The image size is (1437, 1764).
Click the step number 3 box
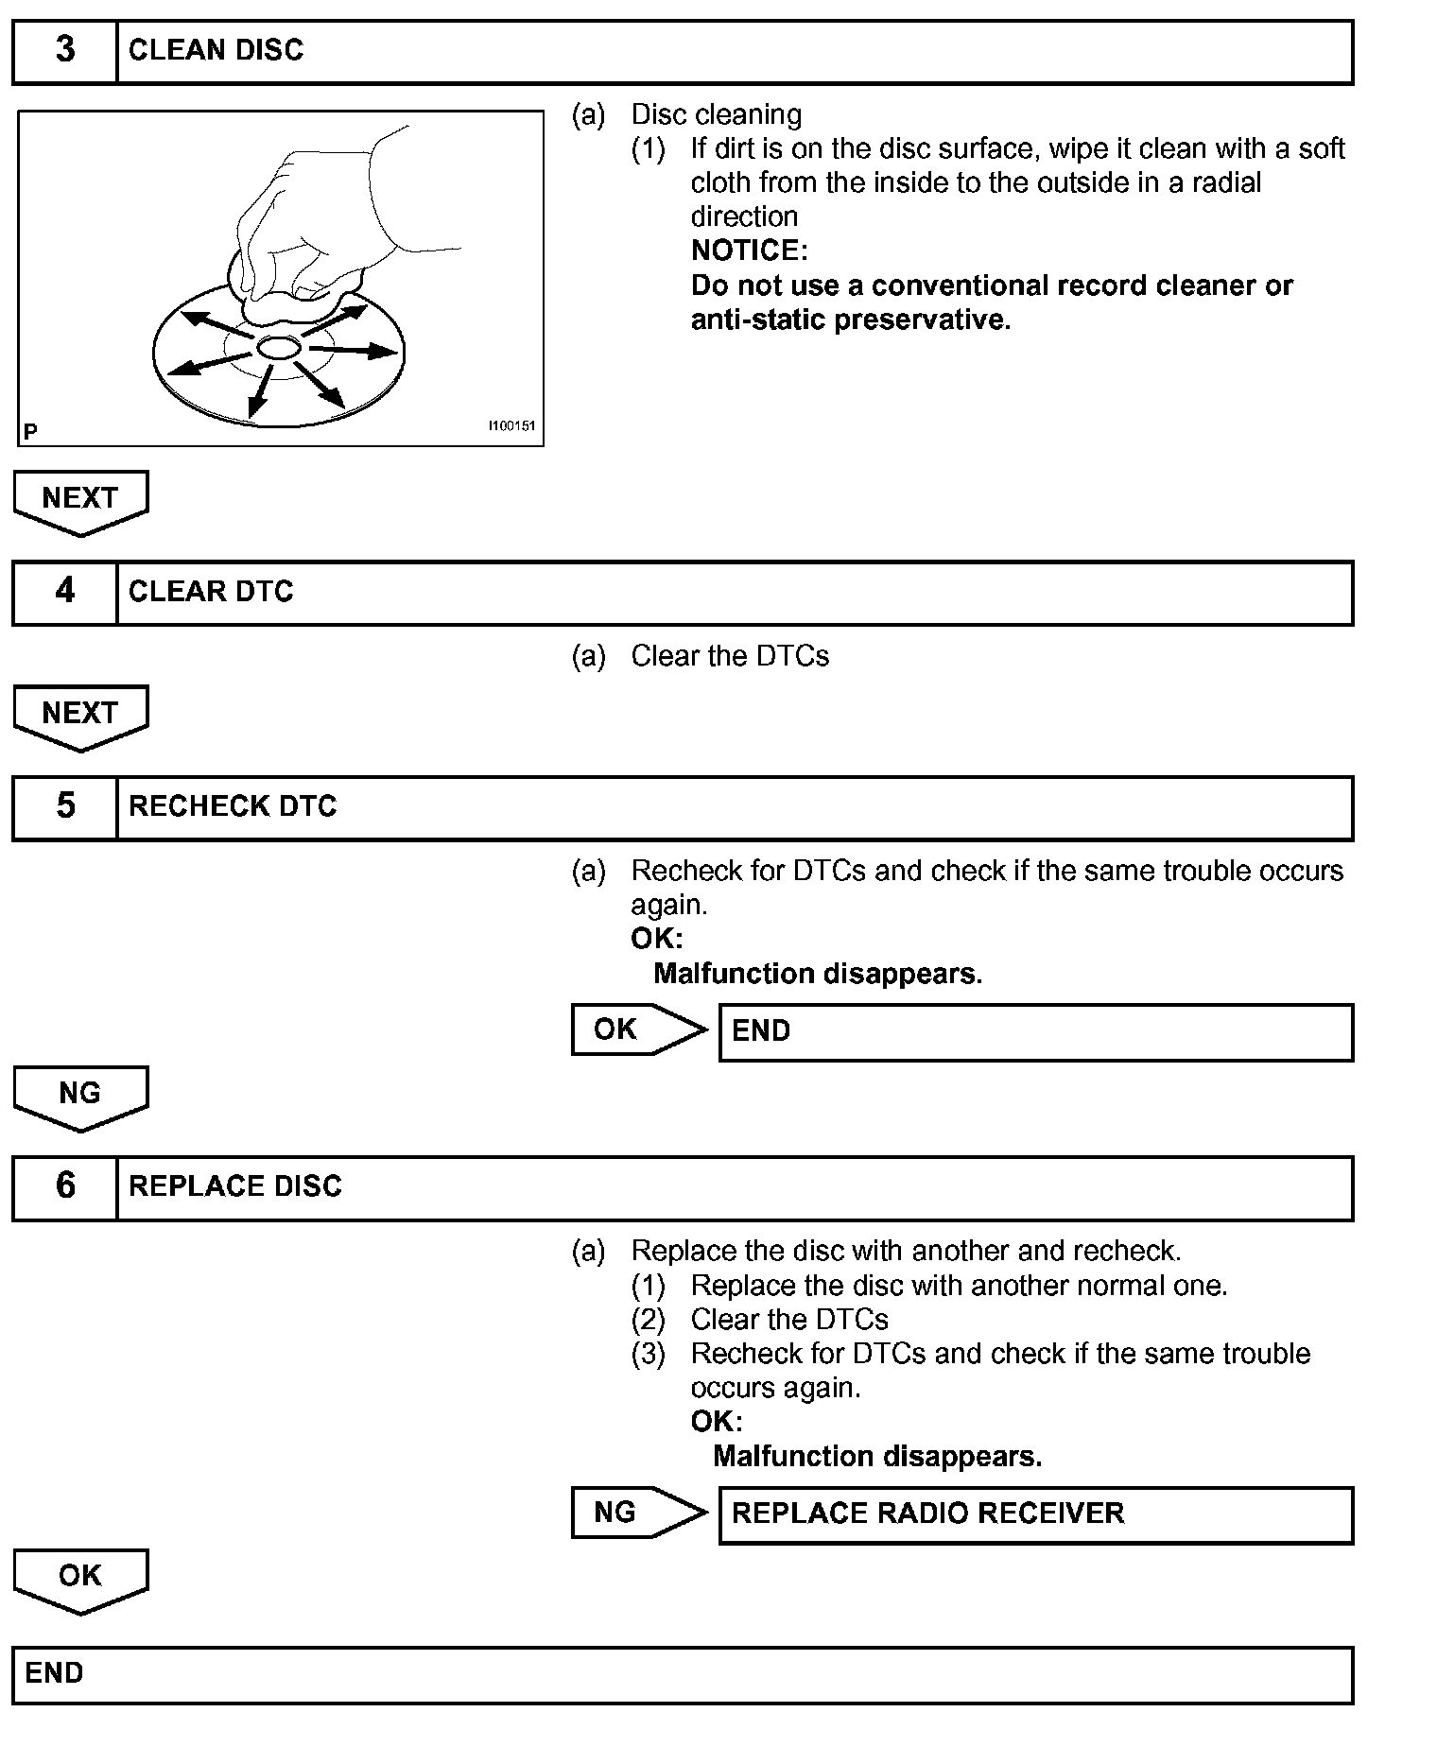pyautogui.click(x=64, y=51)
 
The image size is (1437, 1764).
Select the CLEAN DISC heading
pyautogui.click(x=216, y=51)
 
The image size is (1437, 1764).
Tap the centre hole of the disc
pyautogui.click(x=278, y=348)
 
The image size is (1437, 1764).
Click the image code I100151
pyautogui.click(x=511, y=426)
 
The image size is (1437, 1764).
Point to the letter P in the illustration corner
pyautogui.click(x=30, y=432)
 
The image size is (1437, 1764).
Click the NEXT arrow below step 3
pyautogui.click(x=80, y=500)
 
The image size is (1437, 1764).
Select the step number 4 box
pyautogui.click(x=64, y=592)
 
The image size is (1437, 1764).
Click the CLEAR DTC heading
pyautogui.click(x=211, y=592)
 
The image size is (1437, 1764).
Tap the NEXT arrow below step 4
pyautogui.click(x=80, y=715)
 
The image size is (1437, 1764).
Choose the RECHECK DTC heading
pyautogui.click(x=233, y=806)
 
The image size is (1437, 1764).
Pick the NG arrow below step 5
pyautogui.click(x=80, y=1096)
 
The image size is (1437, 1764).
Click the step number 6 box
pyautogui.click(x=64, y=1186)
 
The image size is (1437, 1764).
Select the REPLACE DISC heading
pyautogui.click(x=235, y=1186)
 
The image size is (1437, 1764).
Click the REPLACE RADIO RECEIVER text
pyautogui.click(x=927, y=1513)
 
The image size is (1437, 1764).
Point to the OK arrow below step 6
pyautogui.click(x=80, y=1578)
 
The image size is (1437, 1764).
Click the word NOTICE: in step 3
pyautogui.click(x=750, y=251)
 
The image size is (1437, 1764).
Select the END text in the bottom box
pyautogui.click(x=54, y=1673)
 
